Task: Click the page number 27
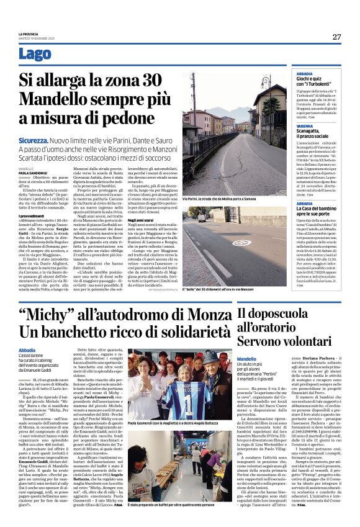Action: (x=336, y=37)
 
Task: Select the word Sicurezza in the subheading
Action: (x=32, y=142)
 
